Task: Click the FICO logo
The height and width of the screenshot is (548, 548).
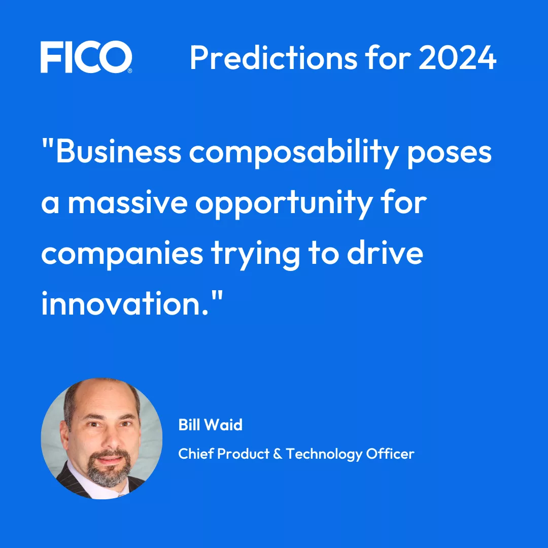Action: click(86, 57)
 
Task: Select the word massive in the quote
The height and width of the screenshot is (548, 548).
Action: click(129, 203)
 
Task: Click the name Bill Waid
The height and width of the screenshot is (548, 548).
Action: click(210, 424)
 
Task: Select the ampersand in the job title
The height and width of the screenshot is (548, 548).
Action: click(277, 453)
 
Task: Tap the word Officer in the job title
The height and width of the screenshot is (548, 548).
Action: click(392, 453)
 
